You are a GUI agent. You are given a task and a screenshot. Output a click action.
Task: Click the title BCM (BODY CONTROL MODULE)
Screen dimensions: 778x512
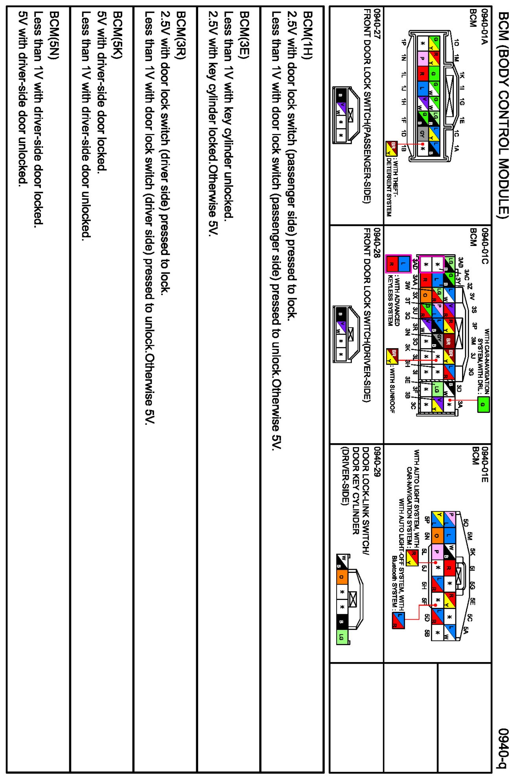pos(503,114)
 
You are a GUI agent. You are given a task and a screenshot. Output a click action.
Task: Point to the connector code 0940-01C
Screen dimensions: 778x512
pos(484,246)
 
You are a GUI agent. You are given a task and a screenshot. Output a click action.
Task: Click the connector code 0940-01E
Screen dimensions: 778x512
pos(484,464)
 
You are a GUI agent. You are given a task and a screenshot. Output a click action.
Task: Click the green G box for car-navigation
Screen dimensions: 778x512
pos(483,404)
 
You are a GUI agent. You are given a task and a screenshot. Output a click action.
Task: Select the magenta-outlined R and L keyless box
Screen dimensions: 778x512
pos(398,264)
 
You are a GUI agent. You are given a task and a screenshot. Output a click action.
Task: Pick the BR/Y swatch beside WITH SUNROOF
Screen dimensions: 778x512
pos(392,356)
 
